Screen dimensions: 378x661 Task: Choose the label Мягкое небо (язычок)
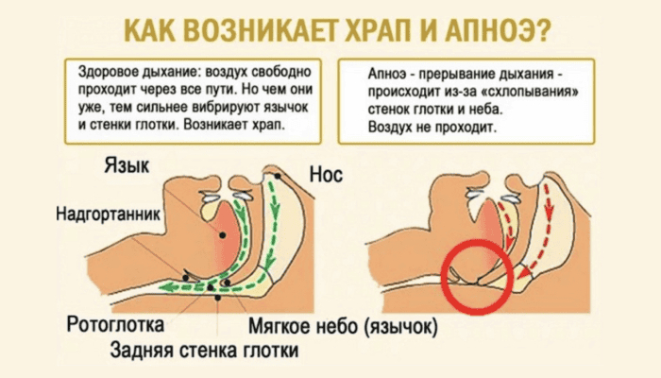[x=343, y=327]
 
